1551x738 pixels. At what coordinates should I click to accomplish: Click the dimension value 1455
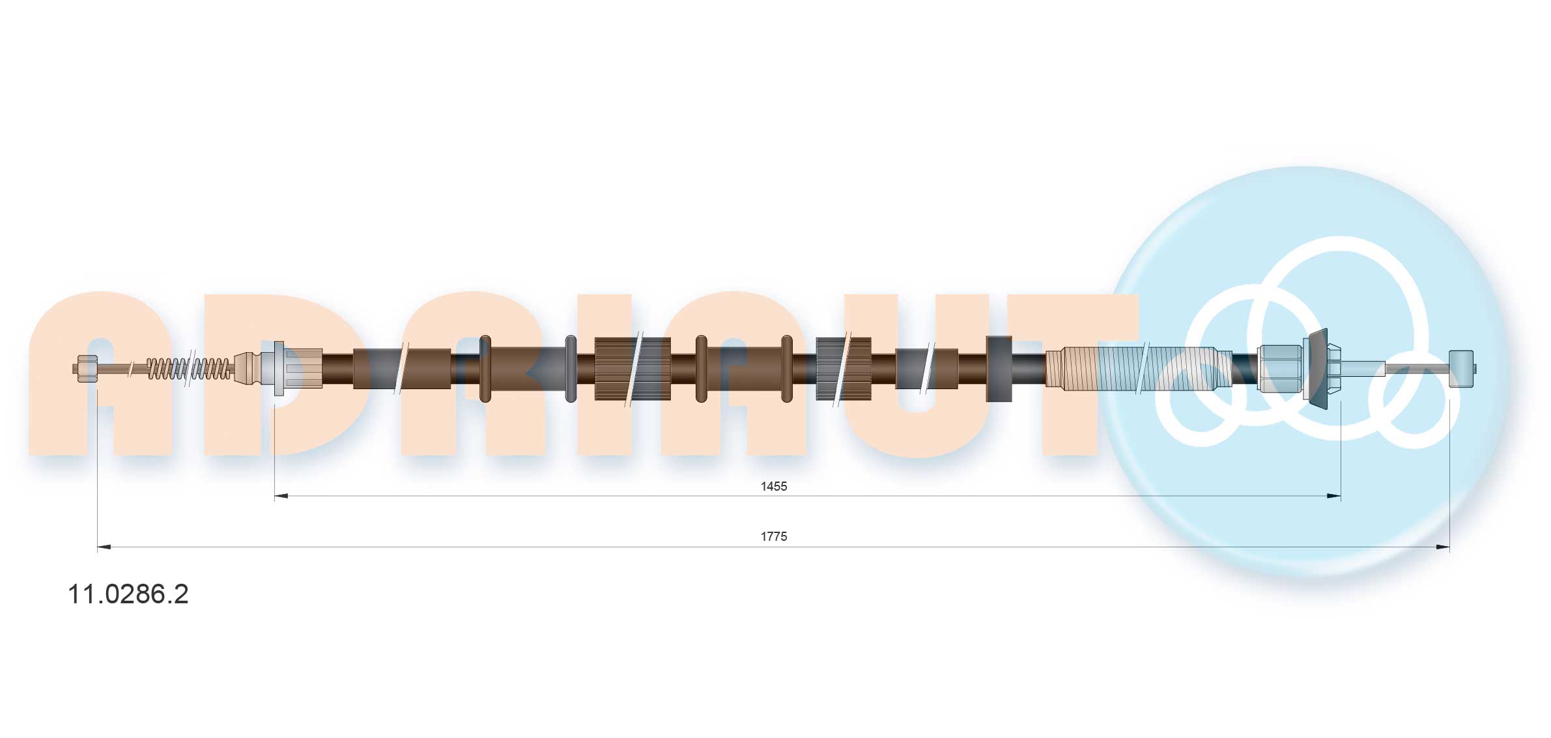(774, 486)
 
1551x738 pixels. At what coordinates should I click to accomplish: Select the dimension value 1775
(774, 536)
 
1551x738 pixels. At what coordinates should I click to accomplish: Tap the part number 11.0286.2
(128, 594)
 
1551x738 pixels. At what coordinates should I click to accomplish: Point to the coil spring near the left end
(188, 368)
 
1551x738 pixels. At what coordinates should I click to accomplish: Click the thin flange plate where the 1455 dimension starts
(279, 368)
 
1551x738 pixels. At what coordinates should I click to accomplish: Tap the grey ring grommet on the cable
(571, 368)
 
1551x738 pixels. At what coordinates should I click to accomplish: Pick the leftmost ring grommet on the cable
(485, 368)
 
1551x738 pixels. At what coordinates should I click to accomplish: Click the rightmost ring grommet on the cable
(787, 368)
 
